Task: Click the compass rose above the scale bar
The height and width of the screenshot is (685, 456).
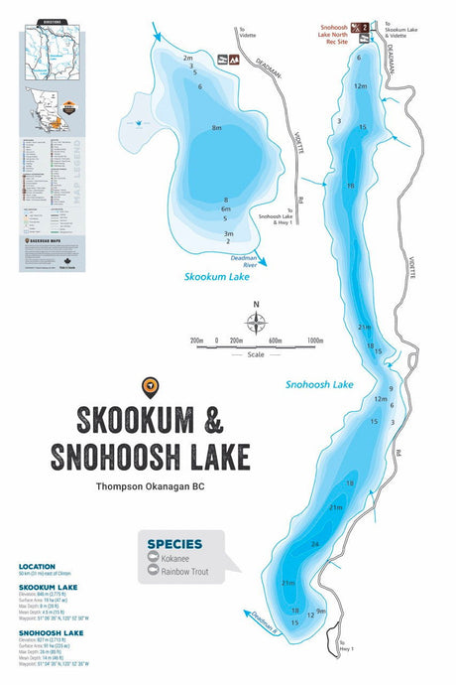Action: point(256,321)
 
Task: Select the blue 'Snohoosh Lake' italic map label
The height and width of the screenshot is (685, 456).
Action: point(319,384)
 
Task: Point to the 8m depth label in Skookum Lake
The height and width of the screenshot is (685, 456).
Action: point(216,129)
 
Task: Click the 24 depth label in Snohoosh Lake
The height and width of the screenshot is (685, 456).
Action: point(314,544)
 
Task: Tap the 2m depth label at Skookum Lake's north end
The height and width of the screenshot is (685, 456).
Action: point(187,59)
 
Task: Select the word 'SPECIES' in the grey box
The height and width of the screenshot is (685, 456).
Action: point(174,544)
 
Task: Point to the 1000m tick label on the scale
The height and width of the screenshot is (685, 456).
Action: point(315,341)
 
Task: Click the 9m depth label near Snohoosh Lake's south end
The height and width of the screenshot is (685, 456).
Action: point(320,611)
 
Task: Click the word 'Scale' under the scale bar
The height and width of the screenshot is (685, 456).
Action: point(256,353)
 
